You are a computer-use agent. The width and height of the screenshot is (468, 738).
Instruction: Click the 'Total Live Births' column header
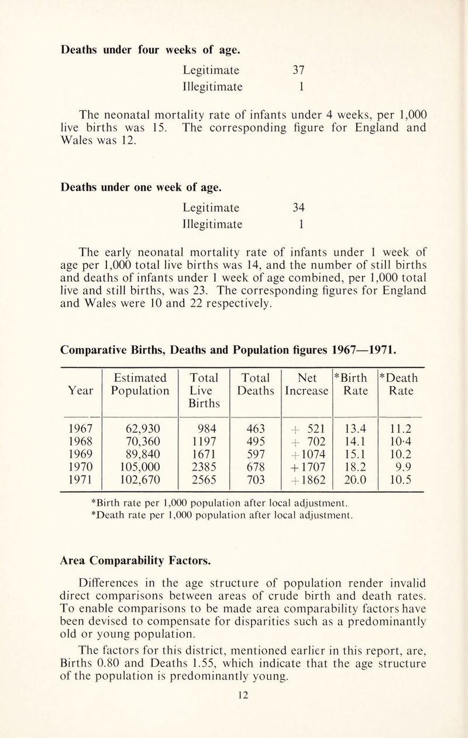point(199,388)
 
